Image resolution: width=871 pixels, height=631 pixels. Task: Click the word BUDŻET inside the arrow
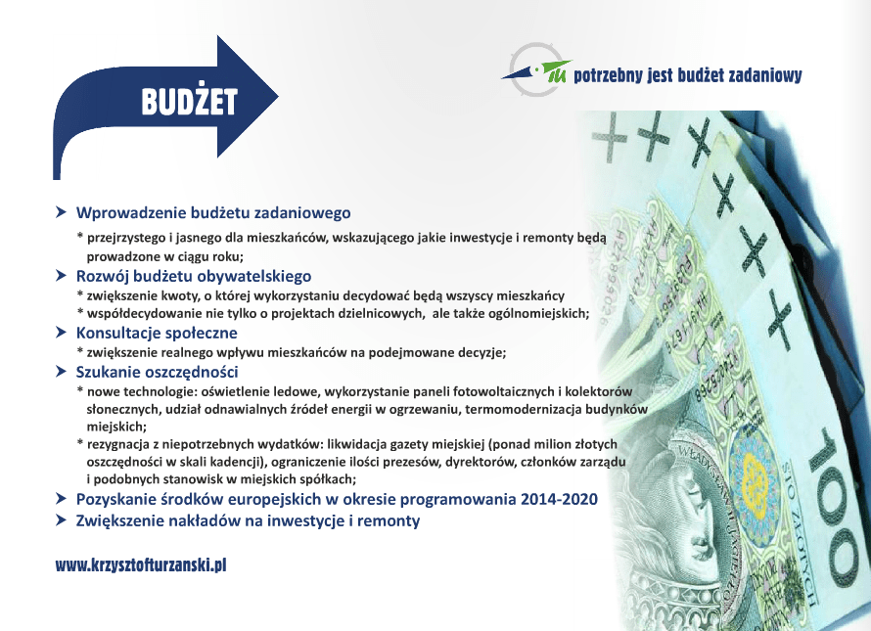pyautogui.click(x=190, y=101)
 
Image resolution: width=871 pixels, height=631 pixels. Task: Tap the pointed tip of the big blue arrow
pyautogui.click(x=278, y=97)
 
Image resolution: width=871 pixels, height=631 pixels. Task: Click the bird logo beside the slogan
pyautogui.click(x=537, y=71)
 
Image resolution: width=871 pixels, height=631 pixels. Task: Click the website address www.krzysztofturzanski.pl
pyautogui.click(x=141, y=565)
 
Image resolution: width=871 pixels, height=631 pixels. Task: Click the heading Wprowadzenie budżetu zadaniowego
pyautogui.click(x=213, y=212)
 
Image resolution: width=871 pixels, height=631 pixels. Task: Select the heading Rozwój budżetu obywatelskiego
pyautogui.click(x=194, y=276)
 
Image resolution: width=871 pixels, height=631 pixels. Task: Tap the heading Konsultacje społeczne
pyautogui.click(x=157, y=333)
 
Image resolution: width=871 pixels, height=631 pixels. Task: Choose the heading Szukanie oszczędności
pyautogui.click(x=158, y=372)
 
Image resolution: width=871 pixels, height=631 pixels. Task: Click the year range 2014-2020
pyautogui.click(x=559, y=499)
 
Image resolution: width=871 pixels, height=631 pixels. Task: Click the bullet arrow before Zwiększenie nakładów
pyautogui.click(x=61, y=520)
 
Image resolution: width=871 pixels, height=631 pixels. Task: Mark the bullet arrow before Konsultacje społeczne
pyautogui.click(x=61, y=333)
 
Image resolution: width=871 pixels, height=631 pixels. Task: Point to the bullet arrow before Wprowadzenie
pyautogui.click(x=61, y=212)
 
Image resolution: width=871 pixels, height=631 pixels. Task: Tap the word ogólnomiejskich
pyautogui.click(x=538, y=314)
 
